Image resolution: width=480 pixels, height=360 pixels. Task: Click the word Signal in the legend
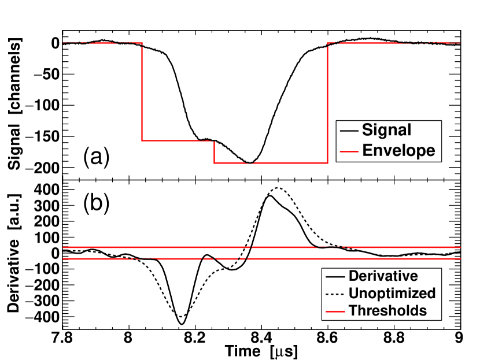pyautogui.click(x=386, y=130)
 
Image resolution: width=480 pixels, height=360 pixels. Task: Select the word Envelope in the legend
pyautogui.click(x=398, y=151)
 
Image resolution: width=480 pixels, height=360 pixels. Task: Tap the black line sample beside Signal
pyautogui.click(x=349, y=131)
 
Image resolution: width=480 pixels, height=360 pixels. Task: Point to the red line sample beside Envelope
pyautogui.click(x=349, y=151)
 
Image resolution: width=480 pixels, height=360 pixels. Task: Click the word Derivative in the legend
pyautogui.click(x=383, y=276)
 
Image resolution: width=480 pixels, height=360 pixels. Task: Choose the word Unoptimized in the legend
pyautogui.click(x=392, y=293)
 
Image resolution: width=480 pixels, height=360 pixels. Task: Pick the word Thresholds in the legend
pyautogui.click(x=387, y=310)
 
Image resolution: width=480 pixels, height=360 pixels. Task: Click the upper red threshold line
pyautogui.click(x=173, y=247)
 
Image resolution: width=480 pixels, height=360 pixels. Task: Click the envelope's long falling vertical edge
pyautogui.click(x=142, y=92)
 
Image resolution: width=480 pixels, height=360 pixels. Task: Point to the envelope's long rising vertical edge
pyautogui.click(x=328, y=104)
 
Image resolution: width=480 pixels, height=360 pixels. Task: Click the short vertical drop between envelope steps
pyautogui.click(x=215, y=152)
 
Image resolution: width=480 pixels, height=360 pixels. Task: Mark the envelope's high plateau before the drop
pyautogui.click(x=101, y=43)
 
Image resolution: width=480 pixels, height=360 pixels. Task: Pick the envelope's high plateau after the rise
pyautogui.click(x=393, y=43)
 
